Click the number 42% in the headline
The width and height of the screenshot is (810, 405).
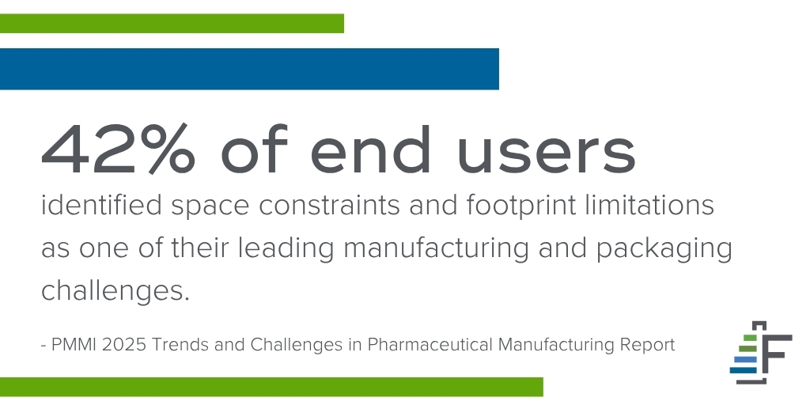(119, 150)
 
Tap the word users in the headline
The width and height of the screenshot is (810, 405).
(547, 154)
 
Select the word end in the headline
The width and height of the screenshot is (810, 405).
(370, 150)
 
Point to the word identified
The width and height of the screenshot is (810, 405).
(101, 205)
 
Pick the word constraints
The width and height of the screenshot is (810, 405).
(329, 205)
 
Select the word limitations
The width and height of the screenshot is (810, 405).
(650, 205)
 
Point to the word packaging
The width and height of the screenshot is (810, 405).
(664, 250)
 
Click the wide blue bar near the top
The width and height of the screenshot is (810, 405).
(249, 70)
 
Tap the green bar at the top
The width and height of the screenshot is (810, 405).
(172, 24)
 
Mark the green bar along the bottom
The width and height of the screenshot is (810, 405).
(272, 387)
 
